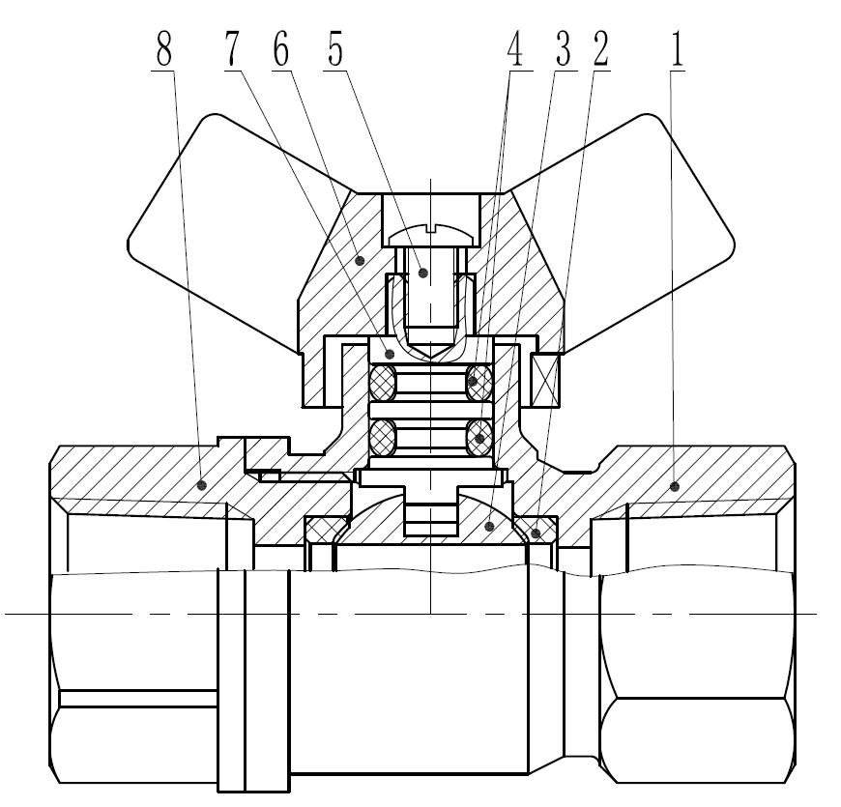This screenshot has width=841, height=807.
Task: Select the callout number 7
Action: (x=230, y=50)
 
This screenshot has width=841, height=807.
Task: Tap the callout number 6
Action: (x=281, y=50)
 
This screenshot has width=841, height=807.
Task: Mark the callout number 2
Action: (x=600, y=50)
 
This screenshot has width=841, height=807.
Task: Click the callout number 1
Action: (x=678, y=50)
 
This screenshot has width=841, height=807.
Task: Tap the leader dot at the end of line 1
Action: (x=675, y=483)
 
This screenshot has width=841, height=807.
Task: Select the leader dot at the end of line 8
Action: (x=203, y=483)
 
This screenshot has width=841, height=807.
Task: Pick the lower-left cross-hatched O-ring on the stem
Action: (x=383, y=440)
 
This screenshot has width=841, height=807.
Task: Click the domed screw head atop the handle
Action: (x=430, y=233)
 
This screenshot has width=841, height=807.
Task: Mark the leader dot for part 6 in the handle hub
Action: (x=360, y=259)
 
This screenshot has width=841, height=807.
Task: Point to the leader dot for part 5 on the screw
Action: (x=421, y=273)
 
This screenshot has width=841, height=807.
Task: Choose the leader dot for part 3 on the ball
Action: (x=491, y=526)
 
